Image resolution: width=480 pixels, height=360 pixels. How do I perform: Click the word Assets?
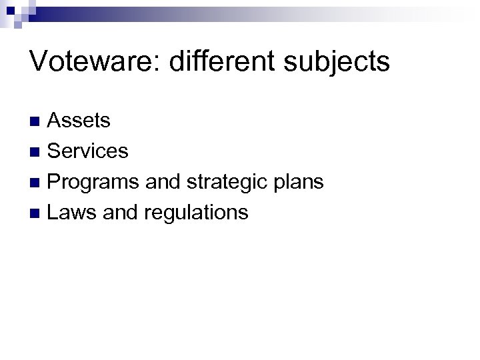[79, 121]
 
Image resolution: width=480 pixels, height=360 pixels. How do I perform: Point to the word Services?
[88, 151]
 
